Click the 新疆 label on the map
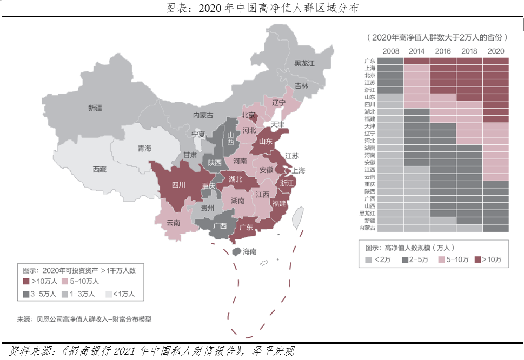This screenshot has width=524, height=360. coord(95,108)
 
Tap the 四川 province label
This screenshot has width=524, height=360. coord(178,184)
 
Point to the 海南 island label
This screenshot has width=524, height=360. coord(249,251)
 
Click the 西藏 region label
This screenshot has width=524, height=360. coord(100,169)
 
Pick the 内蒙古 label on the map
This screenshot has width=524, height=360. coord(203,115)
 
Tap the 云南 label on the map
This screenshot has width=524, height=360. coord(173,222)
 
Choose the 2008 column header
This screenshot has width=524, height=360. coord(390,51)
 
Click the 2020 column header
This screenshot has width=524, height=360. coord(495,51)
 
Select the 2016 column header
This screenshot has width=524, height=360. coord(443,51)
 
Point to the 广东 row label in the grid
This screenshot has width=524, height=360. coord(370,61)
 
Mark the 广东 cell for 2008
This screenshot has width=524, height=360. coord(390,61)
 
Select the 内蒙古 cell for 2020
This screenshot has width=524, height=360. coord(495,228)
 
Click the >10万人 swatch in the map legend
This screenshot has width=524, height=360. coord(25,281)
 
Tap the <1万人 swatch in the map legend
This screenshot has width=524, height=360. coord(108,294)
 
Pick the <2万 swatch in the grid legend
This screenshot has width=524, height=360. coord(368,260)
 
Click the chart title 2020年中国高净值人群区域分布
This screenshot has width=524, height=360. coord(262,8)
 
